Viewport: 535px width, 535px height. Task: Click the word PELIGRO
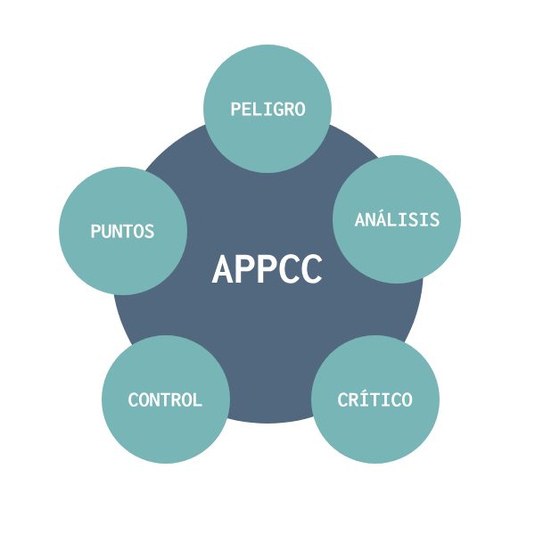tap(267, 109)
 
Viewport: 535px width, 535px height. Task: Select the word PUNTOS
tap(122, 231)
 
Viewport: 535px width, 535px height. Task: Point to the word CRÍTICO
tap(374, 399)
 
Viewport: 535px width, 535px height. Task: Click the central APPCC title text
tap(267, 269)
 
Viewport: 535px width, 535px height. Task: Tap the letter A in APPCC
tap(223, 269)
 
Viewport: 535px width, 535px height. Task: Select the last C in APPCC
tap(311, 269)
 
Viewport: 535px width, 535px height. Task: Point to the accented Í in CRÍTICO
tap(364, 399)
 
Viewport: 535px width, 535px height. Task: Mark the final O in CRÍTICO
tap(407, 399)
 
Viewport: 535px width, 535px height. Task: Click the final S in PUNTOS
tap(149, 231)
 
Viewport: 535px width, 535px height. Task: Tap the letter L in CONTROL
tap(197, 399)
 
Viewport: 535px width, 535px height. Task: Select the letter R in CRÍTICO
tap(353, 399)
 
